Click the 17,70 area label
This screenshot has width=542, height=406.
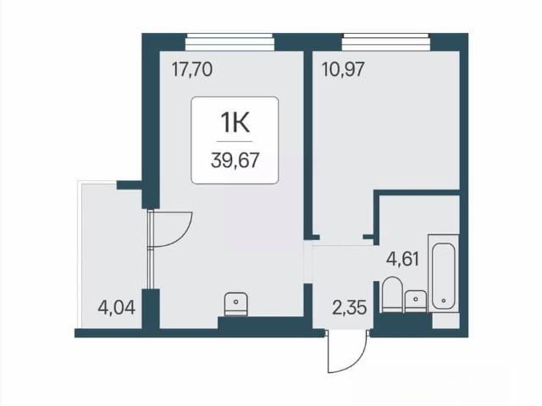click(192, 69)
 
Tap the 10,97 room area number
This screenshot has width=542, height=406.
click(343, 69)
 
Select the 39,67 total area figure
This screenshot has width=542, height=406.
click(235, 161)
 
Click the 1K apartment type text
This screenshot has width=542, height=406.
click(235, 123)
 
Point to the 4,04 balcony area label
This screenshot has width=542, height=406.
click(117, 307)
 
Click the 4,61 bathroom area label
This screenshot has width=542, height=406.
click(403, 259)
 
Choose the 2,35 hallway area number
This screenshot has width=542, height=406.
click(349, 307)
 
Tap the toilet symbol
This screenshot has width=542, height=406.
click(392, 294)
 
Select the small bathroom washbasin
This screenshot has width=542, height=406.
click(416, 301)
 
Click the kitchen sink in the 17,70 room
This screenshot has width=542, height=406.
click(235, 304)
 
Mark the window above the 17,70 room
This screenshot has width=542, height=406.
click(230, 42)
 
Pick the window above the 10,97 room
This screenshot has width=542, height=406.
click(386, 42)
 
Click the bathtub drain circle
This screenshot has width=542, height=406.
click(444, 301)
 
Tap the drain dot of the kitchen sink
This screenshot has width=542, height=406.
click(235, 301)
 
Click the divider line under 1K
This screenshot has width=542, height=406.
click(235, 141)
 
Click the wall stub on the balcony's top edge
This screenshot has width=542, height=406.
click(130, 185)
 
